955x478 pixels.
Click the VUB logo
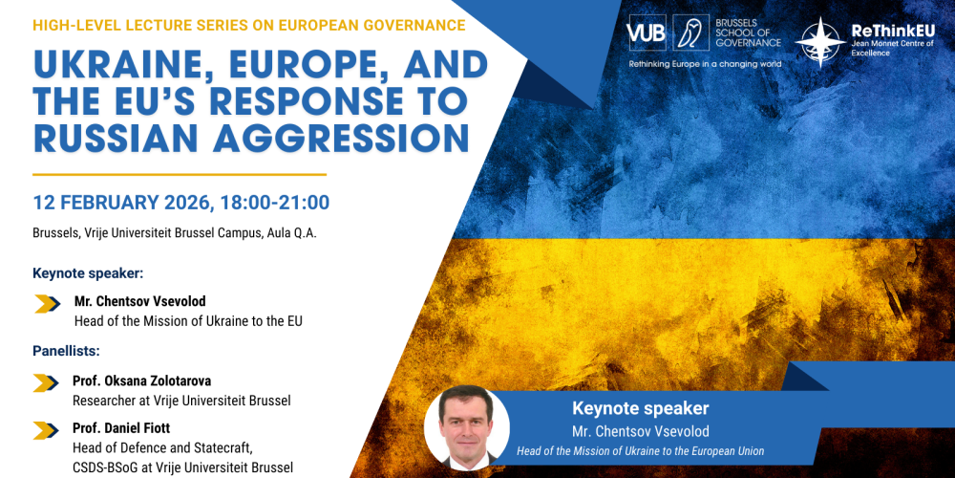click(x=647, y=33)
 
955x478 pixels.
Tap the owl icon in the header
click(x=690, y=33)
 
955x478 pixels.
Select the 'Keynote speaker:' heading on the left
click(x=87, y=273)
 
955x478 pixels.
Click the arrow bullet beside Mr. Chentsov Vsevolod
click(x=48, y=305)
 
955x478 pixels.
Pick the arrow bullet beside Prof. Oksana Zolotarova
click(x=47, y=383)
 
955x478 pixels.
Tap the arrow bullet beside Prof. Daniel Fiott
click(x=47, y=429)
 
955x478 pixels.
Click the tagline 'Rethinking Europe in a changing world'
click(x=705, y=64)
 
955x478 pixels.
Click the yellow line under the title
click(x=180, y=175)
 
